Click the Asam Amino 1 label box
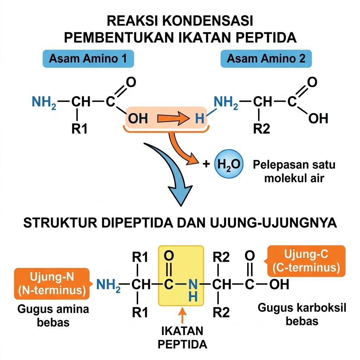[x=88, y=59]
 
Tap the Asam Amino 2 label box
[x=266, y=59]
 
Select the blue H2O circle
[x=229, y=164]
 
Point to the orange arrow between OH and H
[x=174, y=119]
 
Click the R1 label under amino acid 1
[x=79, y=129]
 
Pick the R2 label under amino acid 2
[x=261, y=129]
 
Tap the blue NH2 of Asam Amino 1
[x=44, y=102]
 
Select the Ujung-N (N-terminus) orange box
[x=52, y=284]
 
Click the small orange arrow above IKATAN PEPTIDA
[x=182, y=315]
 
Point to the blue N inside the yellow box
[x=193, y=284]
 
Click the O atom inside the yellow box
[x=169, y=256]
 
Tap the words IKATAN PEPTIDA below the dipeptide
[x=182, y=337]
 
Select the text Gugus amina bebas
[x=53, y=316]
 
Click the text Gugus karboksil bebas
[x=302, y=314]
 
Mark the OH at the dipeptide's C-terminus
[x=279, y=284]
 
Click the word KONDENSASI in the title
[x=208, y=21]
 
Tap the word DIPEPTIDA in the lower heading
[x=137, y=223]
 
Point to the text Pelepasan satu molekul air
[x=294, y=171]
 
